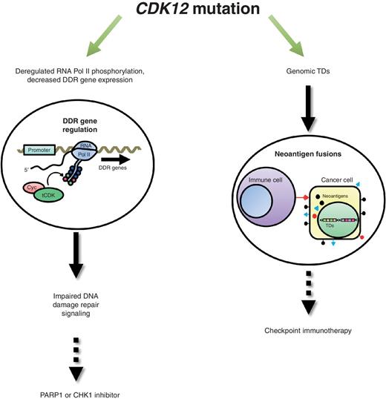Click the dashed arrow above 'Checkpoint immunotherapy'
304,292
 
